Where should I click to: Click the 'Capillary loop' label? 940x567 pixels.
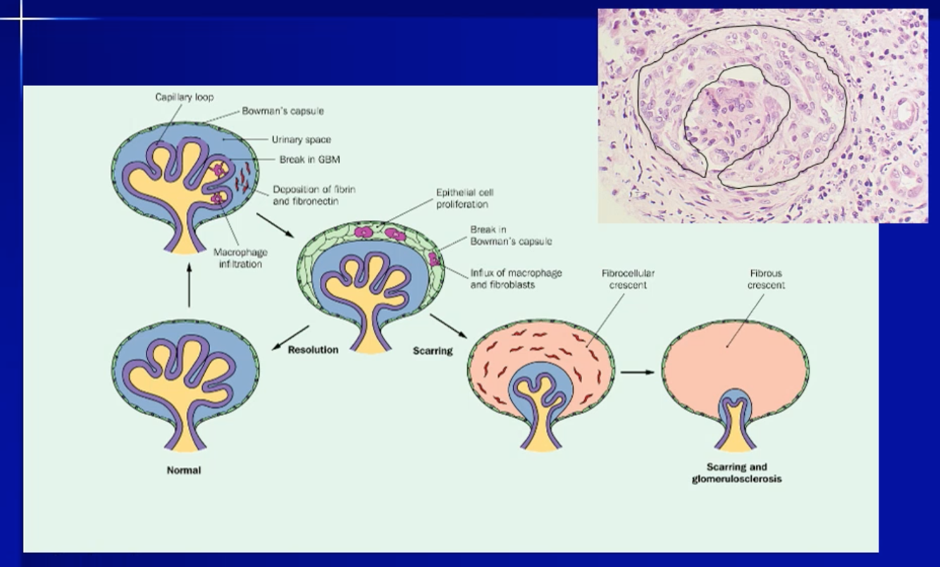tap(184, 97)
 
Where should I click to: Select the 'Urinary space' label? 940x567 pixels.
tap(301, 139)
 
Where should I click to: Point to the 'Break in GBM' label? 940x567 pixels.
tap(309, 160)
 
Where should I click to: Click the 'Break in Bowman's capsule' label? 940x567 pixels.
tap(511, 235)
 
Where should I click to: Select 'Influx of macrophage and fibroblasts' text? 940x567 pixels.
tap(516, 279)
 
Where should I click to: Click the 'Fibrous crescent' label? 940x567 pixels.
tap(766, 279)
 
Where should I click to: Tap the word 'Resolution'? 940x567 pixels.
tap(313, 349)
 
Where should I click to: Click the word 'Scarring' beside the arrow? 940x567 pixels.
tap(433, 350)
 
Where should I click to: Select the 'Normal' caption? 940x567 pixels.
tap(183, 470)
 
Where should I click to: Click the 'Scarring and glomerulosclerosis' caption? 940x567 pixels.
tap(736, 473)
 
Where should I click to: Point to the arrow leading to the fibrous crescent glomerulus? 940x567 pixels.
tap(637, 371)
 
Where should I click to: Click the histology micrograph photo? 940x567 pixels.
tap(762, 116)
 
